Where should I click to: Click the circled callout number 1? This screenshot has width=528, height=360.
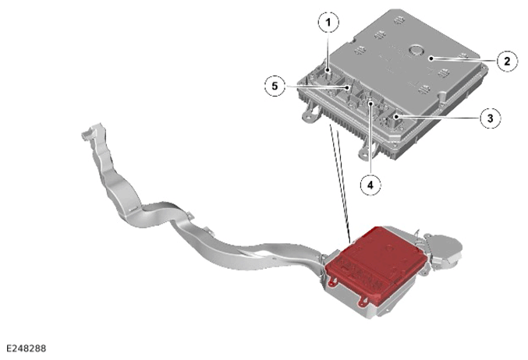click(x=328, y=22)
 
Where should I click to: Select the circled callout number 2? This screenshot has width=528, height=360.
click(x=507, y=61)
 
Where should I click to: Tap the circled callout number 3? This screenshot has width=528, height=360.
click(x=490, y=118)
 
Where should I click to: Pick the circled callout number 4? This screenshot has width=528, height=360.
click(x=370, y=185)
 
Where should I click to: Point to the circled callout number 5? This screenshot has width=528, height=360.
click(x=275, y=86)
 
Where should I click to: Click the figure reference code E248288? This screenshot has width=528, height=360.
click(x=26, y=348)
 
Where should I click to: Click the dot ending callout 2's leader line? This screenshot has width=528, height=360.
click(x=431, y=58)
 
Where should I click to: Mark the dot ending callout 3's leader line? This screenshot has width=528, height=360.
click(x=397, y=117)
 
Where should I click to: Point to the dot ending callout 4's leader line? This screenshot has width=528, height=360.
click(x=370, y=104)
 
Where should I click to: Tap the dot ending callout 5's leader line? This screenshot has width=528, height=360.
click(x=347, y=88)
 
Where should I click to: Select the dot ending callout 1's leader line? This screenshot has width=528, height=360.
click(x=328, y=70)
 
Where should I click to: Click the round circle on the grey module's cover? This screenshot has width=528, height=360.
click(x=416, y=51)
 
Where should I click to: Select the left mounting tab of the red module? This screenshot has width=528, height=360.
click(x=332, y=283)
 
